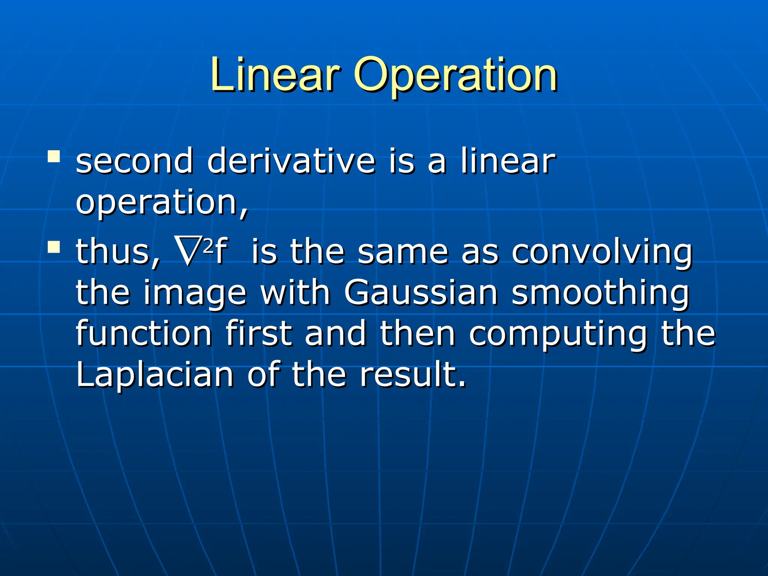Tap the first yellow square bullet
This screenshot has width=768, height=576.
coord(54,156)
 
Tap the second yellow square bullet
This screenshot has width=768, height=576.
coord(54,247)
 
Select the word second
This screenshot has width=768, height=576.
coord(134,161)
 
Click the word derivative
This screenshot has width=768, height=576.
coord(291,161)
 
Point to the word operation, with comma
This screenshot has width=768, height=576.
coord(162,203)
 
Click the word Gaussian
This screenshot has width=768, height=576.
coord(420,292)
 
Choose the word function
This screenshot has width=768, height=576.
coord(144,333)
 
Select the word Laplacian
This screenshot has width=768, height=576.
coord(154,375)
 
